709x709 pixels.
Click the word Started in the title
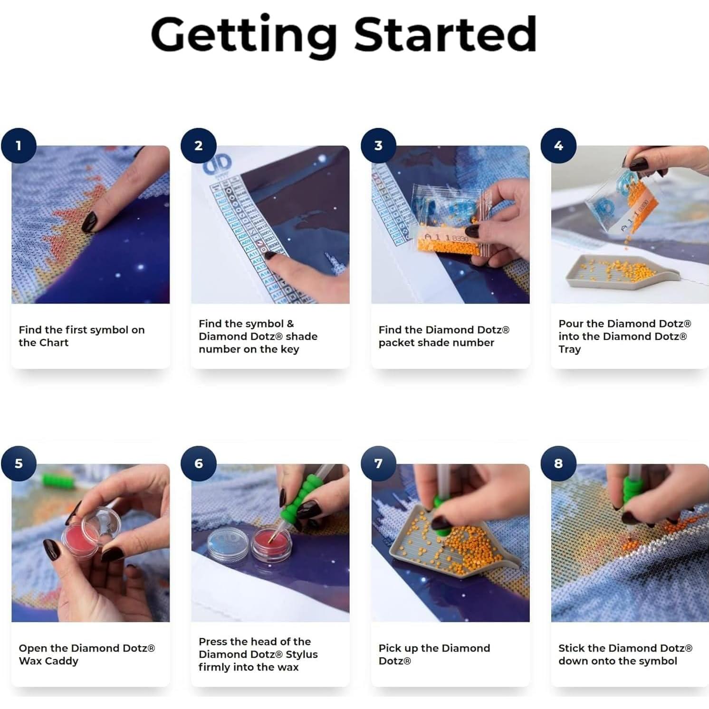(446, 34)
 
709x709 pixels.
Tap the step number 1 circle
(19, 145)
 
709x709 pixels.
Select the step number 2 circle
(199, 145)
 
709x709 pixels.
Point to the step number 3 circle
(378, 145)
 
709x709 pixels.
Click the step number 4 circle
(558, 145)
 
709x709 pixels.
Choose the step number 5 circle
(19, 463)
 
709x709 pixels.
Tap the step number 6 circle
(199, 463)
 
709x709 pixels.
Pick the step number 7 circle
(378, 463)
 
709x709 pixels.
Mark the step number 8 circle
(558, 463)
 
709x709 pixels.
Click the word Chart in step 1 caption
(55, 343)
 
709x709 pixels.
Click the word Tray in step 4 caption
(569, 349)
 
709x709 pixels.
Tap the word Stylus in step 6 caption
(301, 654)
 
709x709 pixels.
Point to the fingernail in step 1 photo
(89, 220)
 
